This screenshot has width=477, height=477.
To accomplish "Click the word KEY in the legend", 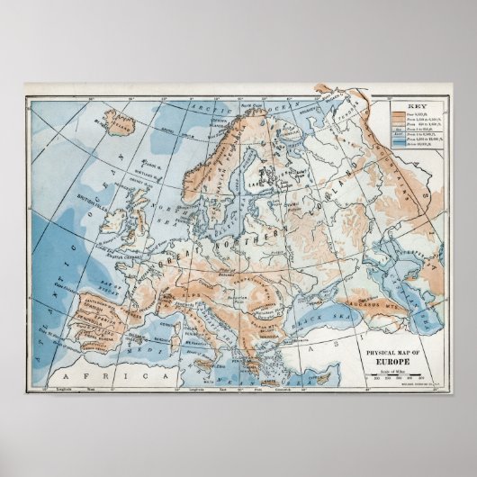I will pos(415,103).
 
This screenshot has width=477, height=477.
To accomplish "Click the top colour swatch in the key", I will pos(399,113).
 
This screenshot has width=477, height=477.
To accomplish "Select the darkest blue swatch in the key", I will pos(399,157).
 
